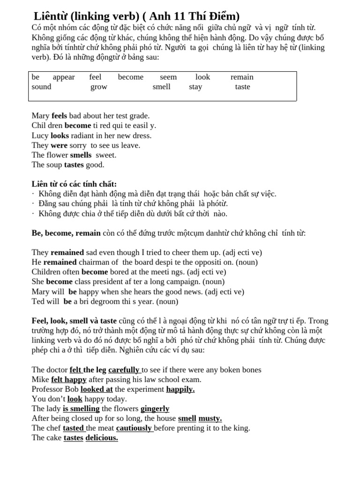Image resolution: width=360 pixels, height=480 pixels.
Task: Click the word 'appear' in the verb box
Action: [x=63, y=77]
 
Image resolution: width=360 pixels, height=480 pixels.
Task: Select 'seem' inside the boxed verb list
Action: [x=168, y=77]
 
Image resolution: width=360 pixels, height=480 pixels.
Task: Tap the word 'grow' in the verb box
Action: [x=99, y=87]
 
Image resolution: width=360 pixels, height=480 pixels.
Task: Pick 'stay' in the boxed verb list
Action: [x=195, y=87]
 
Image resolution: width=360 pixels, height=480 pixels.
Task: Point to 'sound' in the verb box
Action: [x=41, y=87]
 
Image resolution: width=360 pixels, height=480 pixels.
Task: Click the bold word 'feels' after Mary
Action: [x=60, y=116]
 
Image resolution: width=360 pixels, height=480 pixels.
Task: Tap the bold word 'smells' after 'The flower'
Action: [x=81, y=155]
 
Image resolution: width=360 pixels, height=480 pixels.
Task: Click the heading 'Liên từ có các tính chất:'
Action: [x=74, y=184]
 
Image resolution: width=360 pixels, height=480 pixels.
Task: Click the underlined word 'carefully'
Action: [x=124, y=370]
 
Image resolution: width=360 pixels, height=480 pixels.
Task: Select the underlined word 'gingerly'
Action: [x=155, y=409]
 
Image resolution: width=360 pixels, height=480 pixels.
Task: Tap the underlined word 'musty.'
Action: [x=210, y=419]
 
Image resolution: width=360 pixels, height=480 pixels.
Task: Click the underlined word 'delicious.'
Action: [x=102, y=438]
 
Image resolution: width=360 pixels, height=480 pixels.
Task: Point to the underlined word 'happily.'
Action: [x=180, y=390]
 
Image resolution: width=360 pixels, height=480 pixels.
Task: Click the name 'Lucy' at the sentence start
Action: [x=40, y=135]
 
